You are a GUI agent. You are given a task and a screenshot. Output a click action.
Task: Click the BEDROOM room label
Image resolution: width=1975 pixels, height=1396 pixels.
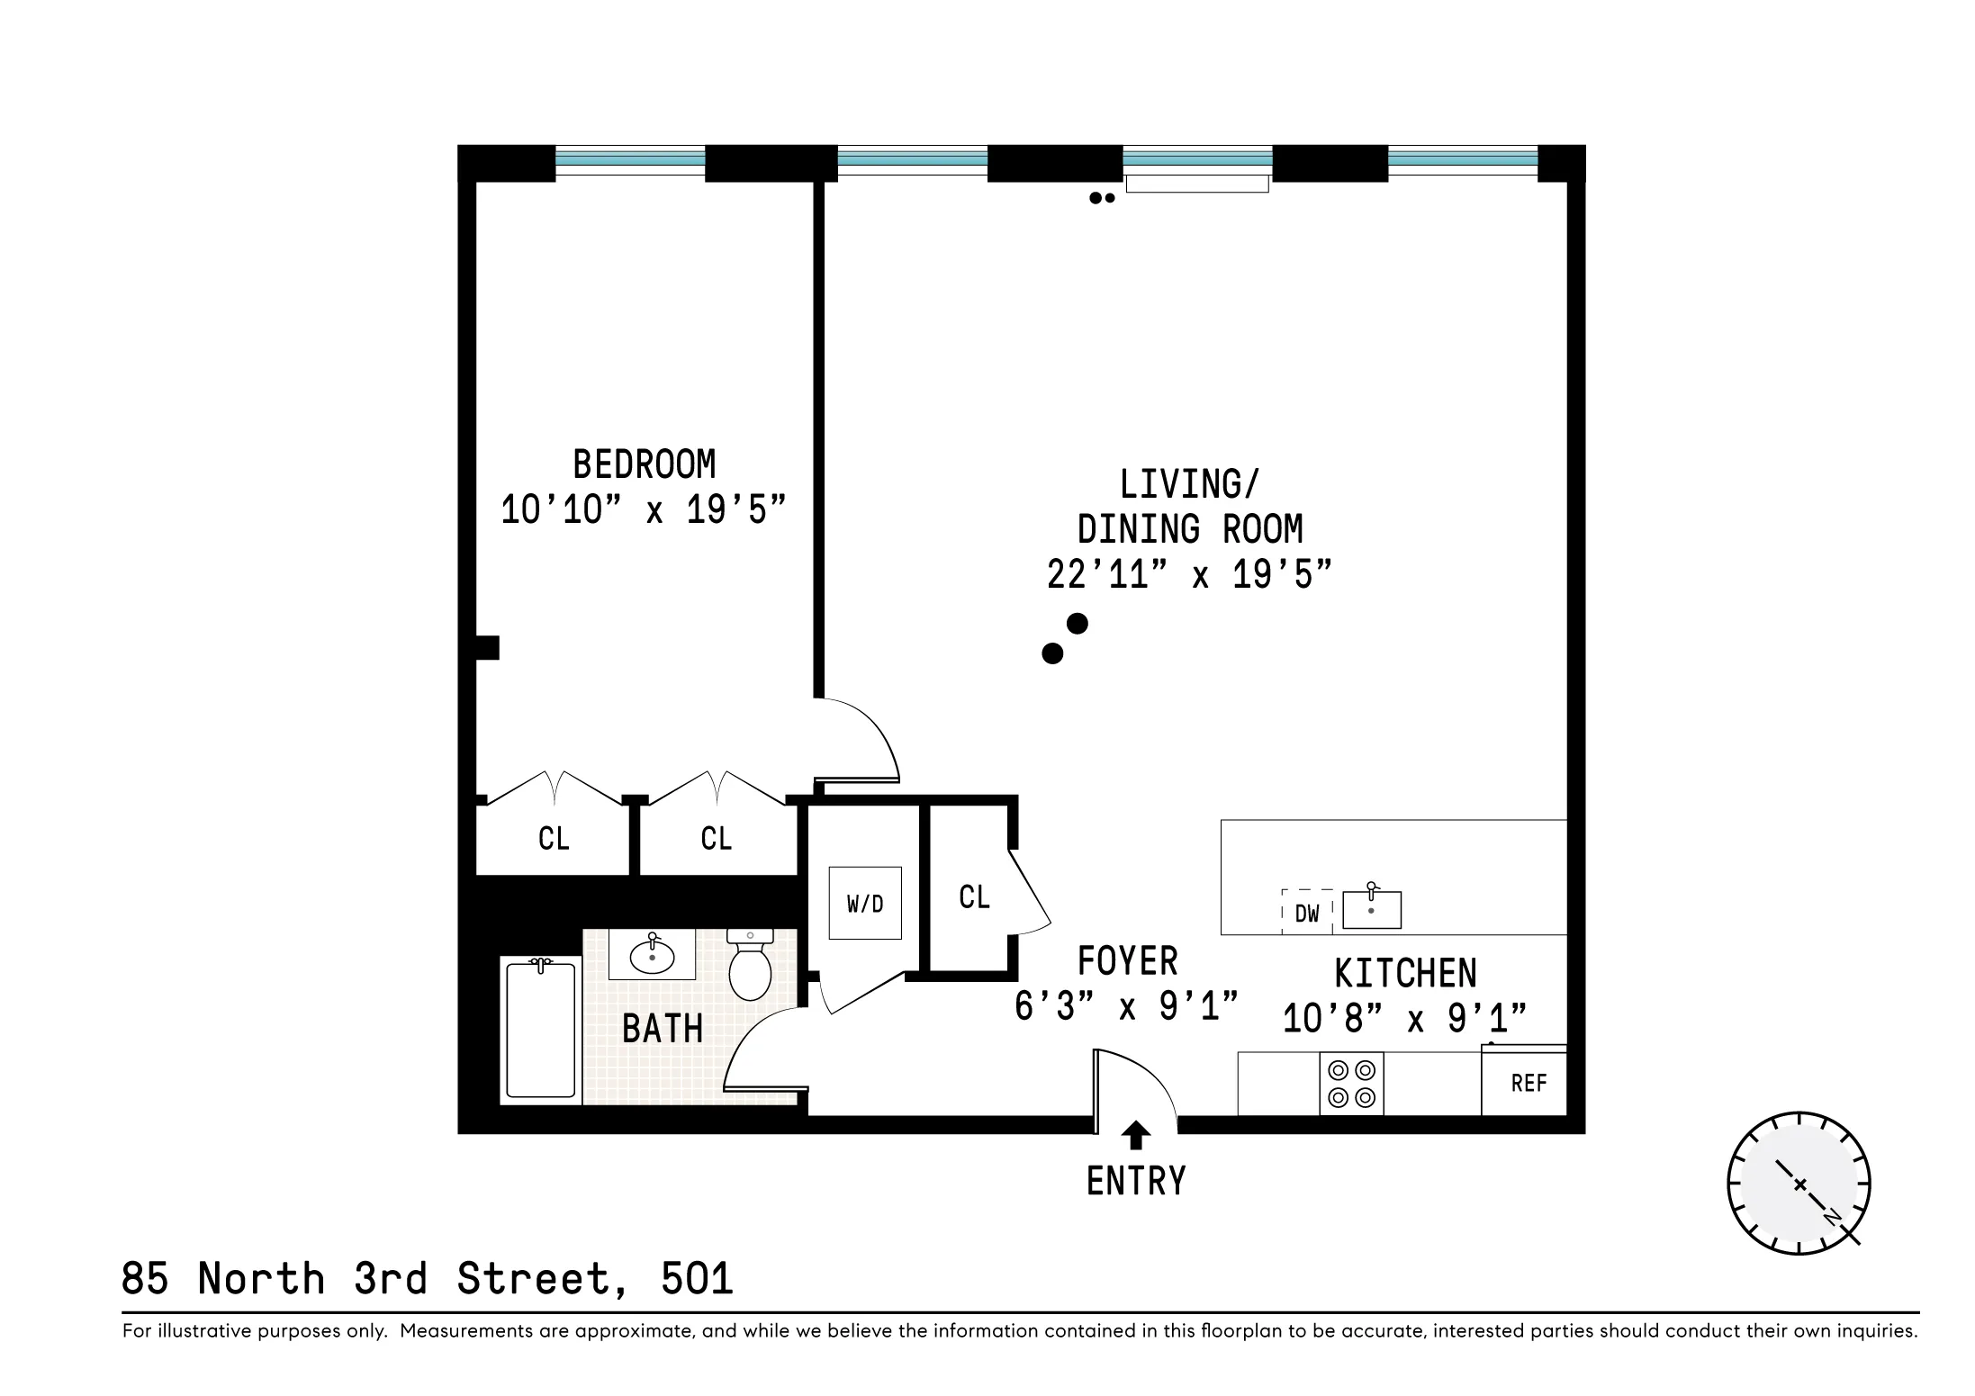pos(645,465)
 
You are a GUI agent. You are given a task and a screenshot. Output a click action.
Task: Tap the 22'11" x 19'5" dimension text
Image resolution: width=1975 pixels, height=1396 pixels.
pos(1188,574)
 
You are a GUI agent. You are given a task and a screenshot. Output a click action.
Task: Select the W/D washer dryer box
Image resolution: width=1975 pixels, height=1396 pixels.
pos(864,903)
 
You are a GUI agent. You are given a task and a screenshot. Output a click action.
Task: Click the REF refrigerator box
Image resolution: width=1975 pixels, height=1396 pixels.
pos(1528,1083)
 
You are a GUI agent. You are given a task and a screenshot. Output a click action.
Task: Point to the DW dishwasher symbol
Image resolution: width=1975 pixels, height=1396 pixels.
pos(1307,912)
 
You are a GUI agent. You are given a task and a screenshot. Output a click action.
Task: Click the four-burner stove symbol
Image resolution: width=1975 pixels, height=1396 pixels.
pos(1351,1083)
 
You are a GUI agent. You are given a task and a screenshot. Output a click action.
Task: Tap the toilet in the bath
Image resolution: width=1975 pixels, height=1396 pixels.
pos(750,965)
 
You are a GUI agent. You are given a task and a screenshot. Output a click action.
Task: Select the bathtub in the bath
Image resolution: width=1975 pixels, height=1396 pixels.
pos(540,1029)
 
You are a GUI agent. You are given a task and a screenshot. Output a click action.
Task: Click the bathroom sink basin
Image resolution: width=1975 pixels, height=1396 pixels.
pos(652,955)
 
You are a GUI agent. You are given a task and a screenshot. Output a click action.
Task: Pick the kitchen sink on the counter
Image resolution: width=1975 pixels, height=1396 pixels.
pos(1371,909)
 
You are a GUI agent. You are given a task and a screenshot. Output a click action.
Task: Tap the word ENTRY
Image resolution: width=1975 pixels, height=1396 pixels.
pos(1136,1181)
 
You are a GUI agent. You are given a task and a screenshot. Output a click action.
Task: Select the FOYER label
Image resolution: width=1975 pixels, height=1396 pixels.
pos(1127,961)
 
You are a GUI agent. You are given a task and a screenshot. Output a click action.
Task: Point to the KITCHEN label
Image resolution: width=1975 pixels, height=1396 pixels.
pos(1405,973)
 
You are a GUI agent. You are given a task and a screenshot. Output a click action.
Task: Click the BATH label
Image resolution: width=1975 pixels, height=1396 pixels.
pos(663,1029)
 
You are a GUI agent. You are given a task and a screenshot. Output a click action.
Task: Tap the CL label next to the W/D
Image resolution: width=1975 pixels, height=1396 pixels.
pos(974,897)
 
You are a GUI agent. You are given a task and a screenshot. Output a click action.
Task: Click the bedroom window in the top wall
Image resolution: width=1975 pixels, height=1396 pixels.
pos(629,162)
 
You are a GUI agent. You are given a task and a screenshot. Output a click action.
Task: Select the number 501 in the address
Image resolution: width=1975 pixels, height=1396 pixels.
pos(697,1278)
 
